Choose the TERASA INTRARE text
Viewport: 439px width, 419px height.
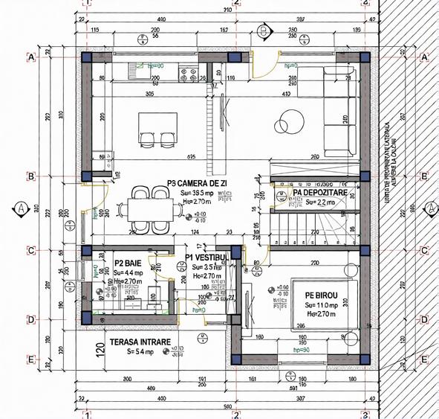click(140, 342)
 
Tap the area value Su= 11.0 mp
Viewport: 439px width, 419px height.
click(321, 305)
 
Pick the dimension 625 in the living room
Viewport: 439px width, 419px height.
click(191, 157)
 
